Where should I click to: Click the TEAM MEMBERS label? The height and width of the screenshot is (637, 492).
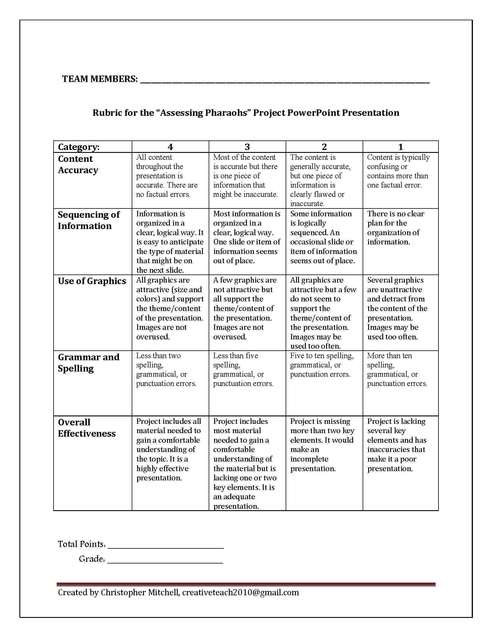[100, 79]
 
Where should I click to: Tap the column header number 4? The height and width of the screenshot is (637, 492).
[170, 147]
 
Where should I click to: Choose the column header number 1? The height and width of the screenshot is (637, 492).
[401, 147]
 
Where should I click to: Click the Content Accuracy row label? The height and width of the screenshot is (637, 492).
[78, 164]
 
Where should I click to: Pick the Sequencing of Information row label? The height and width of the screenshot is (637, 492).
[88, 220]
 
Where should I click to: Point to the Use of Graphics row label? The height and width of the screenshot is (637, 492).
[92, 281]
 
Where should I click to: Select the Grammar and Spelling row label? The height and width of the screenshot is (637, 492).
[88, 363]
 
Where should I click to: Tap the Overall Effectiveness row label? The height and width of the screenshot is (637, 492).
[87, 428]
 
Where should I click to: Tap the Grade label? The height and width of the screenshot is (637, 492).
[91, 559]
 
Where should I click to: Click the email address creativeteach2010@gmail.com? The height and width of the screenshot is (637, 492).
[241, 592]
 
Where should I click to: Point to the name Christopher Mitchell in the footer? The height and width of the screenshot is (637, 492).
[139, 592]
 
